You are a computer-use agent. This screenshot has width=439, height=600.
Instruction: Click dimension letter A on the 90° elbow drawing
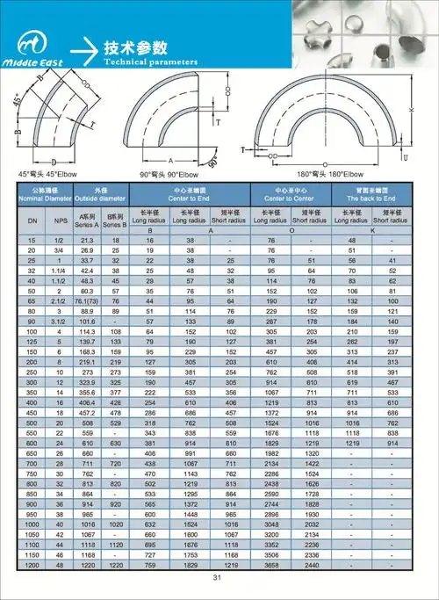tap(170, 161)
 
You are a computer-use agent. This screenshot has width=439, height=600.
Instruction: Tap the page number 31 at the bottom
tap(219, 577)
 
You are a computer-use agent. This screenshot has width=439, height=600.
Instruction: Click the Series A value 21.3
tap(87, 240)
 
